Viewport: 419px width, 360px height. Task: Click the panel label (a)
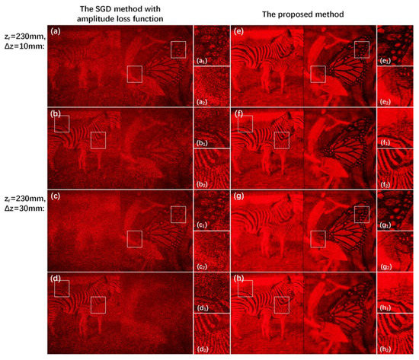click(x=55, y=32)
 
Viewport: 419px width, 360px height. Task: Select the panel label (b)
click(x=55, y=113)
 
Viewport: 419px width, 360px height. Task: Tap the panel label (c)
click(x=55, y=195)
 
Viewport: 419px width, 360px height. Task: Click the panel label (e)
click(x=239, y=32)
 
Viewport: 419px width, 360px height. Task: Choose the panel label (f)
click(x=239, y=113)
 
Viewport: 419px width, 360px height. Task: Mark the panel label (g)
click(x=239, y=195)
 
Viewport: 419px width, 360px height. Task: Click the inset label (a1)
click(x=203, y=59)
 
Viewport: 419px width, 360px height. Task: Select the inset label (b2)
click(x=203, y=183)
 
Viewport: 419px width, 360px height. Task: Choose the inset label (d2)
click(x=203, y=346)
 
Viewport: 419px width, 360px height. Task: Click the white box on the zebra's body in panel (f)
click(x=282, y=140)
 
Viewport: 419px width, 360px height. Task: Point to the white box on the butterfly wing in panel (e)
click(x=362, y=49)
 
